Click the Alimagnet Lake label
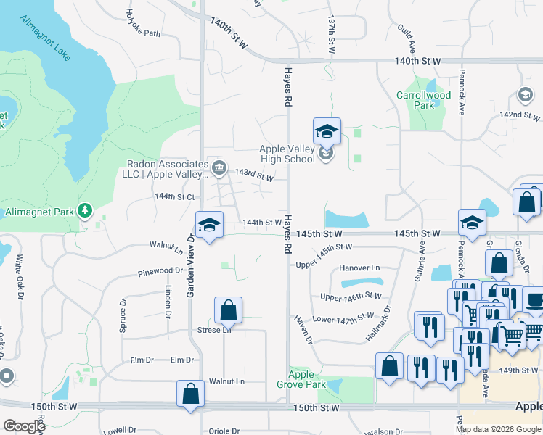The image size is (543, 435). coord(44,41)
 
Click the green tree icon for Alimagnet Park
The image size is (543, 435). coord(85,210)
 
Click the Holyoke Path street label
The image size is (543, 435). coord(144,22)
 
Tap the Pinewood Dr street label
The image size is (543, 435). coord(160,272)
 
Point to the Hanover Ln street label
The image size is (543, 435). coord(355,268)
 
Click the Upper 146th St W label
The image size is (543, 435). coord(351,296)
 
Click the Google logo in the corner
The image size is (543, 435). coord(24,426)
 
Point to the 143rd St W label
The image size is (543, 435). coord(255,175)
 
